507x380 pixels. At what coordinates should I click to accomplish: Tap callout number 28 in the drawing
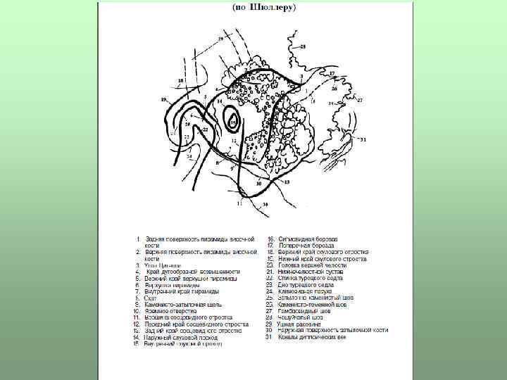(303, 46)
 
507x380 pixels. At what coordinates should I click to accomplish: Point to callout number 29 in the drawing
(221, 38)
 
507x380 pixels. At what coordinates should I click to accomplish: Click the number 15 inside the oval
(234, 122)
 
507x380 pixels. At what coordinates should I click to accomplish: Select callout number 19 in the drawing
(163, 100)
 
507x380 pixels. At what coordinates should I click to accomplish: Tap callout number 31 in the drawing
(363, 140)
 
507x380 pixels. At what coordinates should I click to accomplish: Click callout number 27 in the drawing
(359, 101)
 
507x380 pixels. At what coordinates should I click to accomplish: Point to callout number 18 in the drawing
(180, 81)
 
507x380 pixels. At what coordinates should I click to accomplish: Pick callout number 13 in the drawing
(287, 182)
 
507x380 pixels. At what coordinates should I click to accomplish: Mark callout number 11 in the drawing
(239, 203)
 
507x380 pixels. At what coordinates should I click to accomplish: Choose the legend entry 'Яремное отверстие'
(166, 311)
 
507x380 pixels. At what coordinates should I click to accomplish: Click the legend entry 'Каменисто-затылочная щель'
(182, 305)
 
